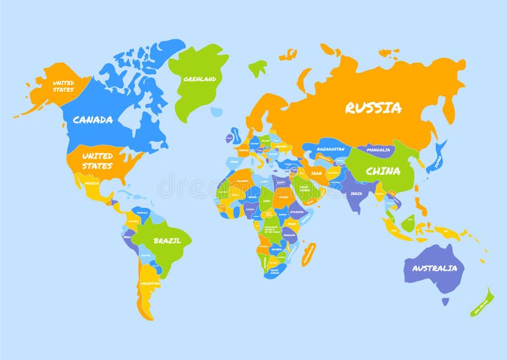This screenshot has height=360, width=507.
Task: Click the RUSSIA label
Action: click(373, 108)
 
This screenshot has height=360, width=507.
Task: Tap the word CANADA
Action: click(93, 119)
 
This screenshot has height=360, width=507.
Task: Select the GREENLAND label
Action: click(200, 79)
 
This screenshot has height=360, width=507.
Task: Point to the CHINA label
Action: click(383, 170)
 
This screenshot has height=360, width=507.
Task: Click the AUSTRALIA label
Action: click(434, 268)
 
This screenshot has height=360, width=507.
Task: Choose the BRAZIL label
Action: click(167, 240)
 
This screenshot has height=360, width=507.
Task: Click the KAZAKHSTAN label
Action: click(331, 149)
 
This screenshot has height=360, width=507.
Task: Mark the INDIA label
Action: click(357, 193)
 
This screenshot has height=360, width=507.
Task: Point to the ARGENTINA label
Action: click(150, 283)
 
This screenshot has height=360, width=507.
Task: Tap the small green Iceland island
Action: click(257, 67)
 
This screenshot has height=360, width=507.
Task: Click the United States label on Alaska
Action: click(63, 86)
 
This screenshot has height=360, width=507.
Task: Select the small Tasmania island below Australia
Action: click(446, 302)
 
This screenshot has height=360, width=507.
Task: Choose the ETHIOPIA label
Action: click(297, 212)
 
